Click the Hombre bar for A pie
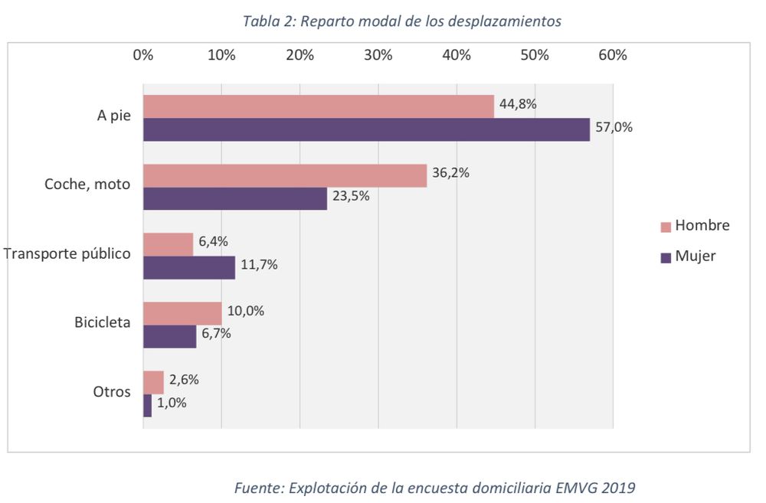pyautogui.click(x=318, y=107)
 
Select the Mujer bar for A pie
pyautogui.click(x=366, y=129)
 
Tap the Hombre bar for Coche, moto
pyautogui.click(x=284, y=175)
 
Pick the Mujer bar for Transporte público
pyautogui.click(x=189, y=267)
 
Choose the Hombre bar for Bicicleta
pyautogui.click(x=182, y=313)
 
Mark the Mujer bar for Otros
pyautogui.click(x=147, y=405)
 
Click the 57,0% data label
pyautogui.click(x=614, y=128)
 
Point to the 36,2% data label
pyautogui.click(x=451, y=173)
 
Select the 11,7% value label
pyautogui.click(x=259, y=265)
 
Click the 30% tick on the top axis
pyautogui.click(x=378, y=55)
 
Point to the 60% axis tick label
pyautogui.click(x=613, y=55)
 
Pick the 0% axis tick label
pyautogui.click(x=143, y=55)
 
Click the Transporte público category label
pyautogui.click(x=67, y=253)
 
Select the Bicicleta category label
pyautogui.click(x=102, y=322)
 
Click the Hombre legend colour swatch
pyautogui.click(x=665, y=227)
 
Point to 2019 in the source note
pyautogui.click(x=617, y=487)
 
